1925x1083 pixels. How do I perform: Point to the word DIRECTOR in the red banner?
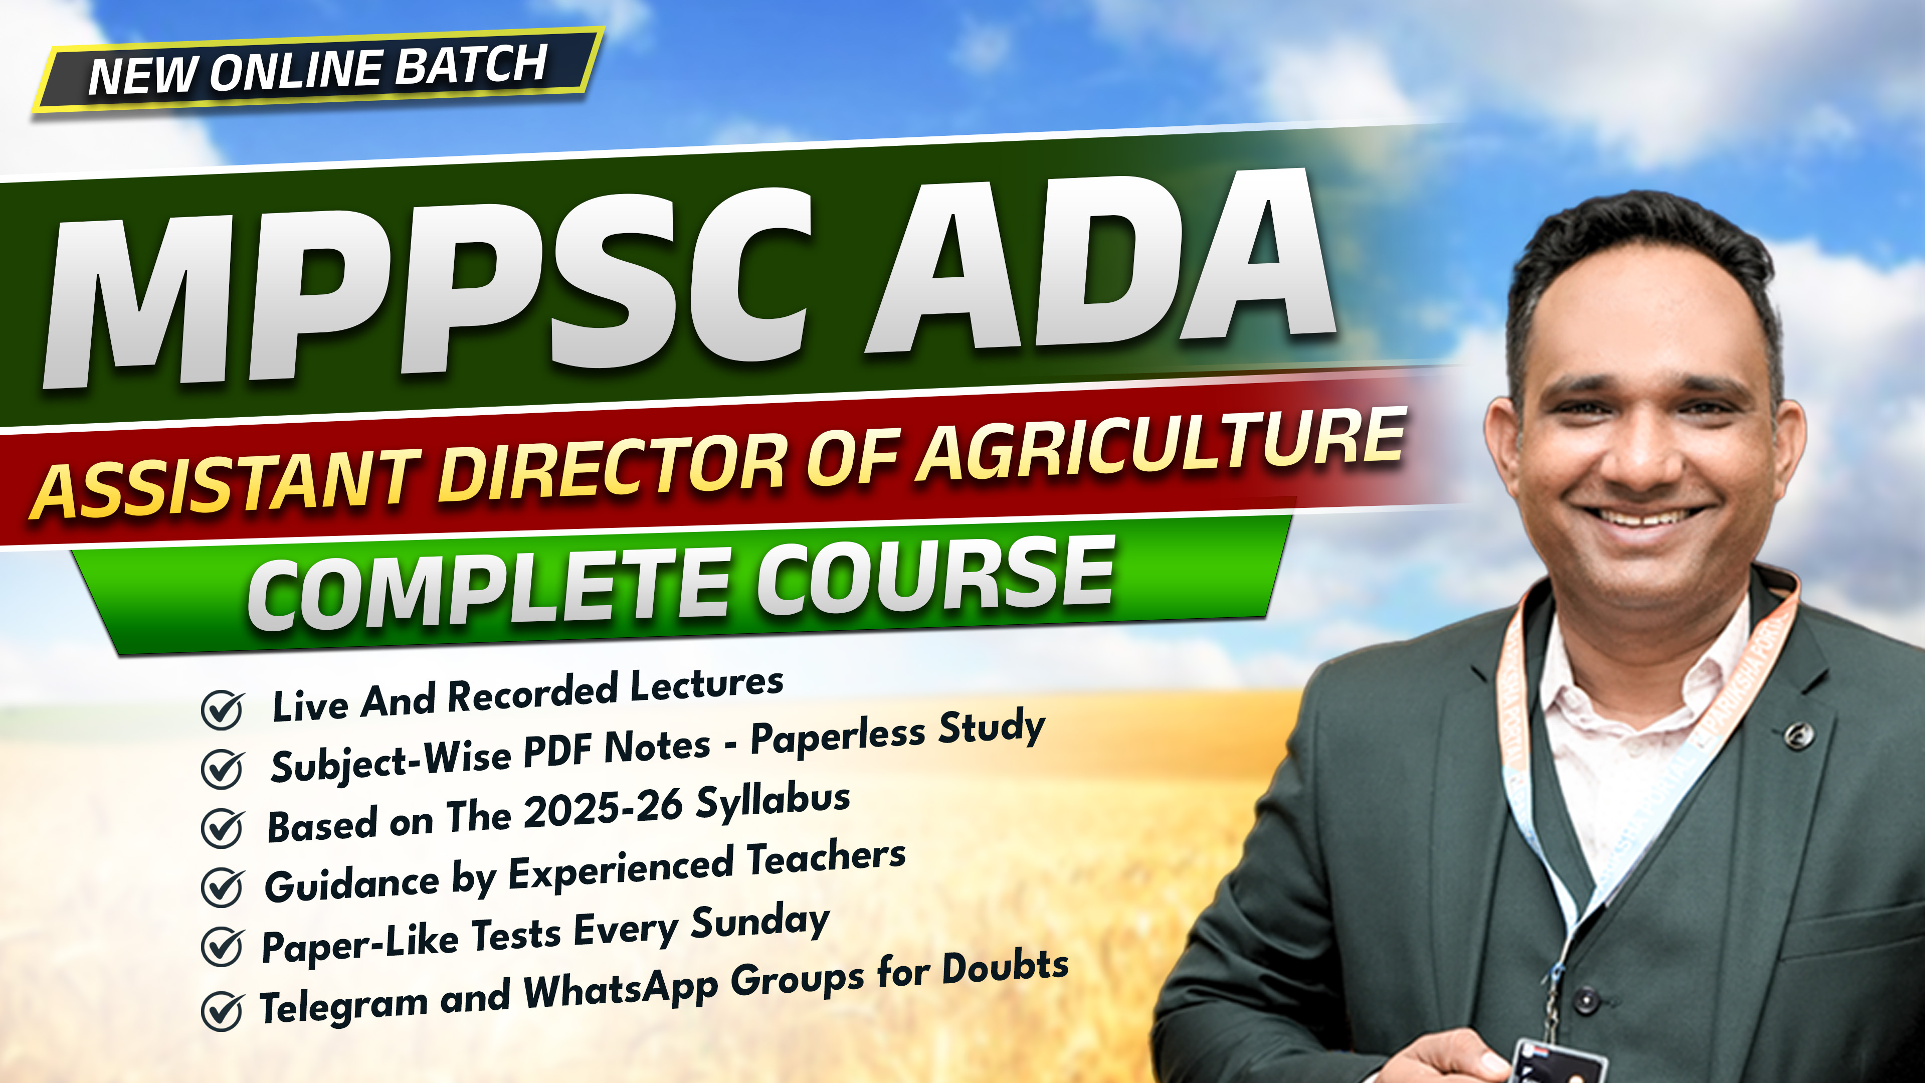613,475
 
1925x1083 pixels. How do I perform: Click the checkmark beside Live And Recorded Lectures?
222,708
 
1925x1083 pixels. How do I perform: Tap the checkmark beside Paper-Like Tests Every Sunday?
222,946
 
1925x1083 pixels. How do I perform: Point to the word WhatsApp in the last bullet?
620,990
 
